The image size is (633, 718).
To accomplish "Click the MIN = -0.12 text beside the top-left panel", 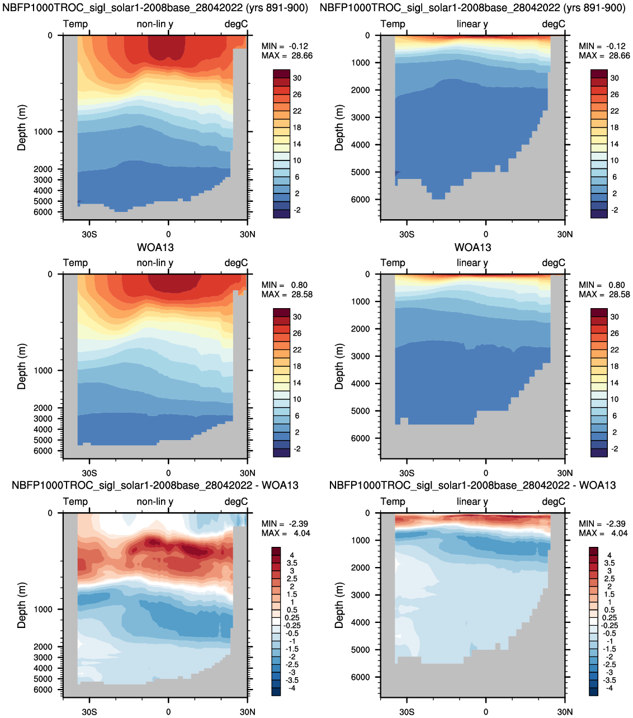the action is [x=285, y=46].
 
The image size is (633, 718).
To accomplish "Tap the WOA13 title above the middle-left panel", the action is [x=155, y=247].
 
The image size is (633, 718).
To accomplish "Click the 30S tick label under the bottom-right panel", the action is [x=407, y=712].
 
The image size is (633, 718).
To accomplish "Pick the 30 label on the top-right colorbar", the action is [x=615, y=78].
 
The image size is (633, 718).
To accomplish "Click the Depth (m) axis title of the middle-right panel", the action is [x=339, y=366].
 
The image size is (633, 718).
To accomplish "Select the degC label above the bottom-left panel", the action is [x=236, y=502].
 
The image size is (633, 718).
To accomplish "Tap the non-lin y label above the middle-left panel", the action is [x=155, y=263].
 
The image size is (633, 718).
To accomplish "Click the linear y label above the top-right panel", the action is [x=473, y=24].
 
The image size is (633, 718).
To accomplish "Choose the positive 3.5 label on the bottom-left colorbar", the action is [x=292, y=563].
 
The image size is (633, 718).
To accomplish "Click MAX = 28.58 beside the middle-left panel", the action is [x=287, y=295].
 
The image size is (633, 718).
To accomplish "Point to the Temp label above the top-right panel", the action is [x=393, y=24].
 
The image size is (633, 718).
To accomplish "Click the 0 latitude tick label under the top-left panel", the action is [x=168, y=234].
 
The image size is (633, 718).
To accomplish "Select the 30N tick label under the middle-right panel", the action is [x=565, y=473].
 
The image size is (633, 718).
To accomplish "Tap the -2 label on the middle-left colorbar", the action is [x=297, y=448].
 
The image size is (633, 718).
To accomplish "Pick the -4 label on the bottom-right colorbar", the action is [x=610, y=688].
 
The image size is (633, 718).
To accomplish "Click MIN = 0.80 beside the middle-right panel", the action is [x=602, y=285].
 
